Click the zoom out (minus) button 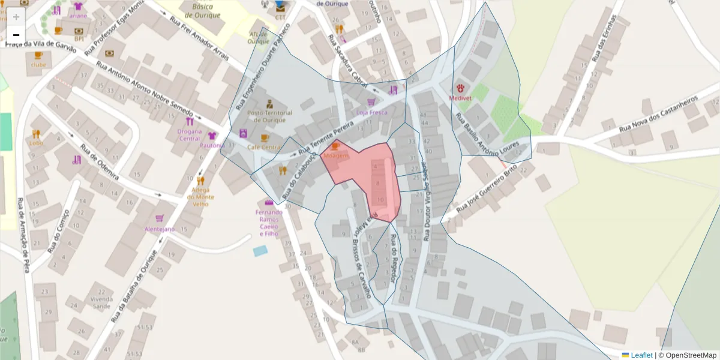pos(16,34)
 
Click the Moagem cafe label pos(335,156)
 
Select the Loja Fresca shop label pos(371,112)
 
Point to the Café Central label pos(263,147)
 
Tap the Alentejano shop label pos(159,229)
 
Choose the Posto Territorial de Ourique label pos(269,116)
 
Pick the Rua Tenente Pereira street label pos(328,134)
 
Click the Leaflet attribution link pos(641,355)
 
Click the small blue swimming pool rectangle pos(260,251)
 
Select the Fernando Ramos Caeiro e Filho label pos(268,223)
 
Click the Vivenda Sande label pos(101,302)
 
